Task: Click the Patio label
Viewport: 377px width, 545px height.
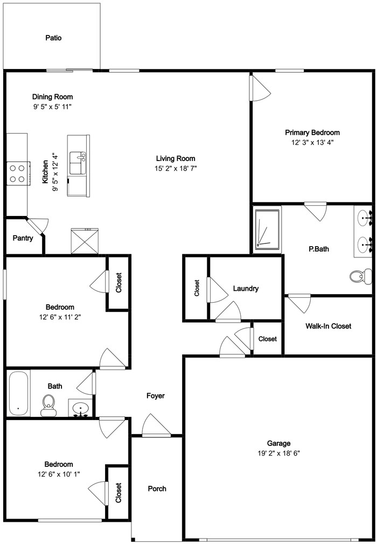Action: (53, 38)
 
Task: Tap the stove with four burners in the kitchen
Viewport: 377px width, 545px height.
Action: (17, 173)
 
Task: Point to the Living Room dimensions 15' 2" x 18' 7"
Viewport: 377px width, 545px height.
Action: (176, 169)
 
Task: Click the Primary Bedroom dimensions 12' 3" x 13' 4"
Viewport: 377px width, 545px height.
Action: (312, 143)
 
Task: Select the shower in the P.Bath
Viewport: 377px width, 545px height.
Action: (267, 229)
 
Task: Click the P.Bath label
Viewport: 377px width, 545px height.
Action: (318, 249)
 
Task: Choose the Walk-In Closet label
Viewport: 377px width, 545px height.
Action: (328, 326)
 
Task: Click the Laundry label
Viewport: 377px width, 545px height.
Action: (246, 289)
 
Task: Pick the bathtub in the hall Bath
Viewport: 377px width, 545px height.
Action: (18, 393)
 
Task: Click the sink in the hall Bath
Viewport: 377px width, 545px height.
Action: (81, 408)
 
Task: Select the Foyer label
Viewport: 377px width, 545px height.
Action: (156, 396)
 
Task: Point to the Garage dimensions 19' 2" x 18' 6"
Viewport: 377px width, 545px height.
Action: (279, 453)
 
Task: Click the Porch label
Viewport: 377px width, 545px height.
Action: (157, 489)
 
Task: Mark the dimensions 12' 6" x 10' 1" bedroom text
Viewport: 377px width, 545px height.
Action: (59, 474)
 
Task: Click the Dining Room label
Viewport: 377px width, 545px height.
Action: (52, 97)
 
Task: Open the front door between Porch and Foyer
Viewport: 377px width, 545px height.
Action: (156, 428)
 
